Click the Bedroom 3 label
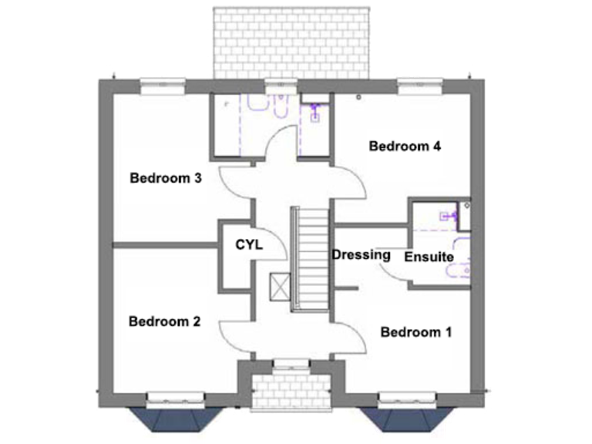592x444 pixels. pos(166,179)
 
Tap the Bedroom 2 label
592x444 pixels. pos(165,321)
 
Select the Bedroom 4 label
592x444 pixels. pos(404,146)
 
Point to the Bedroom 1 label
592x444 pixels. pos(416,332)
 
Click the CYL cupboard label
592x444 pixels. pos(249,245)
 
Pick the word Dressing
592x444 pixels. pos(361,255)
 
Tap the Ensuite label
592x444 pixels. pos(429,257)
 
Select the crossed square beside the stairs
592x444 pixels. pos(279,287)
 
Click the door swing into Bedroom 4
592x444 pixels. pos(351,183)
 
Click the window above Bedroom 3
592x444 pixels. pos(163,81)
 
